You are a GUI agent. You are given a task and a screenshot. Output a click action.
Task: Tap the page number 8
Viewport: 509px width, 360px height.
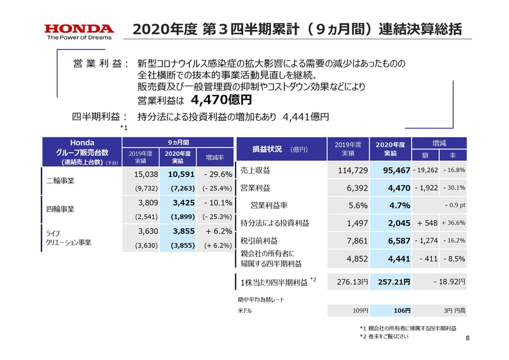468,338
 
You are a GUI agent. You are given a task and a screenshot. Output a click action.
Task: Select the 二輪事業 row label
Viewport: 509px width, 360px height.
62,181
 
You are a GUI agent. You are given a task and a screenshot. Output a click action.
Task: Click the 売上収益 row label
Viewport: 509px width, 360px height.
254,170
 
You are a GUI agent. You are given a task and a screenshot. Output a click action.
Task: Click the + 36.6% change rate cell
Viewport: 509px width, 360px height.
451,223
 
